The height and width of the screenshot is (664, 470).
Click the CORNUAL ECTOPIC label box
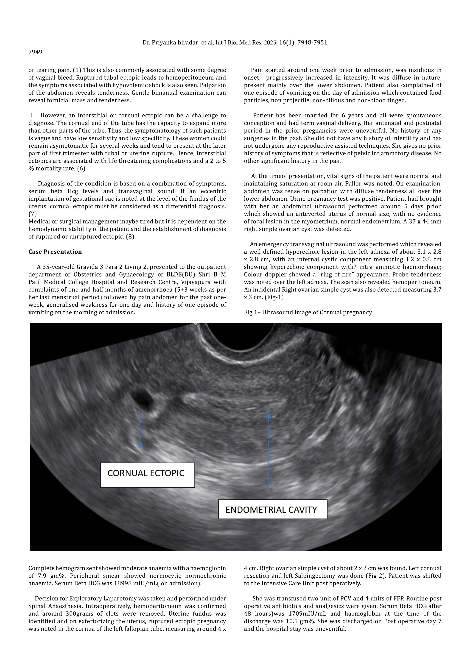coord(147,475)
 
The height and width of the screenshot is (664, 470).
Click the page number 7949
coord(35,52)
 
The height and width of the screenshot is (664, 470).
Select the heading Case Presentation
coord(55,252)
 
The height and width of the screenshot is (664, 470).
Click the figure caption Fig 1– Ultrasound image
coord(308,312)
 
